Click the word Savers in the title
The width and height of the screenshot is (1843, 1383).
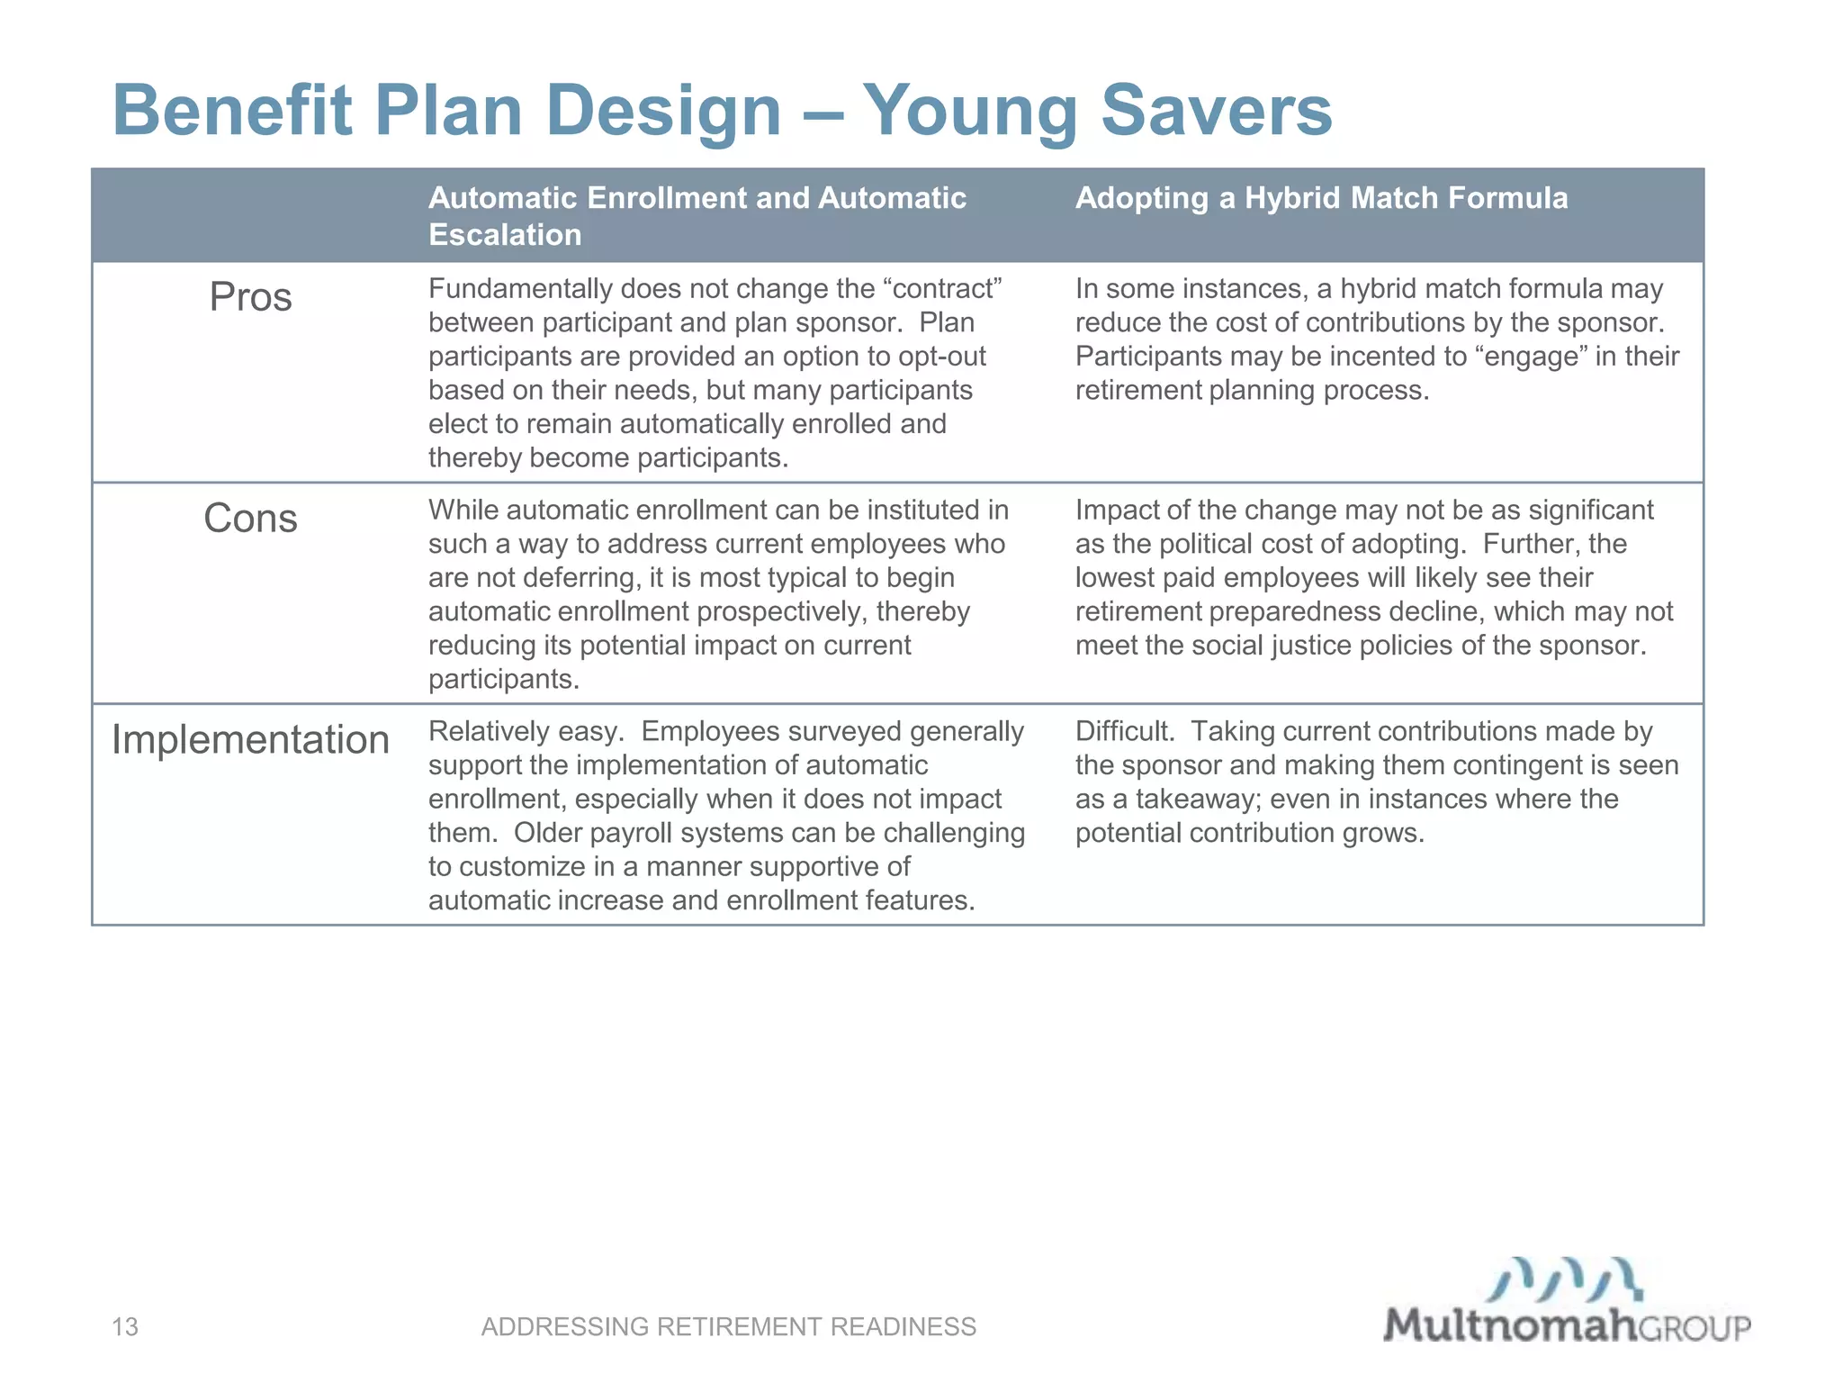pyautogui.click(x=1216, y=112)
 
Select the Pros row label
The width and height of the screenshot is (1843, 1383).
pyautogui.click(x=250, y=297)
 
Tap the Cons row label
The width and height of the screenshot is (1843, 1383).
pyautogui.click(x=250, y=519)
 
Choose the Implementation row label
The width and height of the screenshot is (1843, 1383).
pyautogui.click(x=250, y=740)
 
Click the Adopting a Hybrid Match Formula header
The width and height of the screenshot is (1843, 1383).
pyautogui.click(x=1321, y=198)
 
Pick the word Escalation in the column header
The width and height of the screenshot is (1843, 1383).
pyautogui.click(x=505, y=235)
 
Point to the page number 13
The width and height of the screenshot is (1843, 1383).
pyautogui.click(x=125, y=1326)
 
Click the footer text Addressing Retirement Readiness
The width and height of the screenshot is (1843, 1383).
pyautogui.click(x=728, y=1326)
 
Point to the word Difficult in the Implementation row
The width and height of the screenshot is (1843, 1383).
pyautogui.click(x=1124, y=731)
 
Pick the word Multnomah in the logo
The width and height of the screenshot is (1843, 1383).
pyautogui.click(x=1509, y=1325)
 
